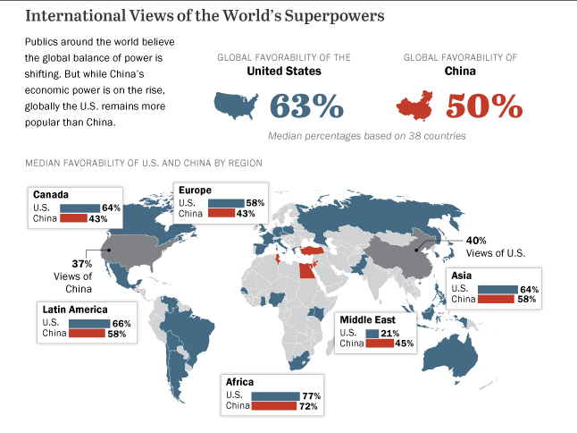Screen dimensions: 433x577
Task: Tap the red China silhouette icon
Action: pyautogui.click(x=419, y=106)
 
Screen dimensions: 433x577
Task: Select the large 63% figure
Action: pyautogui.click(x=306, y=106)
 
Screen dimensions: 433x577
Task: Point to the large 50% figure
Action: pyautogui.click(x=483, y=106)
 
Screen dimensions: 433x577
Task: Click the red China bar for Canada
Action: pyautogui.click(x=73, y=218)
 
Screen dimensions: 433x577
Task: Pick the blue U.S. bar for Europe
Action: pyautogui.click(x=226, y=203)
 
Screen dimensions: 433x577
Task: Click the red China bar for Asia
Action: pyautogui.click(x=497, y=300)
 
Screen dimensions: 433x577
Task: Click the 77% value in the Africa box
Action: pyautogui.click(x=312, y=395)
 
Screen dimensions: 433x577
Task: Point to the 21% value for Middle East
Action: pyautogui.click(x=389, y=334)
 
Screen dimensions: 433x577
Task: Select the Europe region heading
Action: pyautogui.click(x=196, y=190)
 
